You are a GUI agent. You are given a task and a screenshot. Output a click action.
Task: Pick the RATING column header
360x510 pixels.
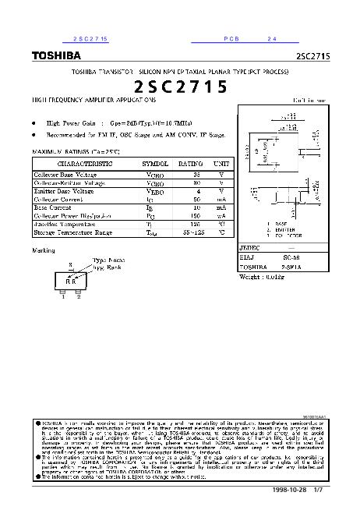click(191, 165)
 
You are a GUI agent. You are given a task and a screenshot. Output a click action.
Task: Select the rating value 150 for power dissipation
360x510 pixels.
click(197, 216)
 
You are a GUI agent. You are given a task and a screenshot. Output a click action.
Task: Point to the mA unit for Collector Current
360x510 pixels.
click(221, 200)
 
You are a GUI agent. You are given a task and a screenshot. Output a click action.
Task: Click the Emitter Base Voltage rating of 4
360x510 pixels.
click(199, 191)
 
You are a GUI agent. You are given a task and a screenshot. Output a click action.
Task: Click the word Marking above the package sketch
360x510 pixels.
click(44, 250)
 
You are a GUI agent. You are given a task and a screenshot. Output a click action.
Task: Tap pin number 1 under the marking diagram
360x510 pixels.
click(62, 296)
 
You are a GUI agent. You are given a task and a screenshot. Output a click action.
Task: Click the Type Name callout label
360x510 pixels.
click(109, 259)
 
